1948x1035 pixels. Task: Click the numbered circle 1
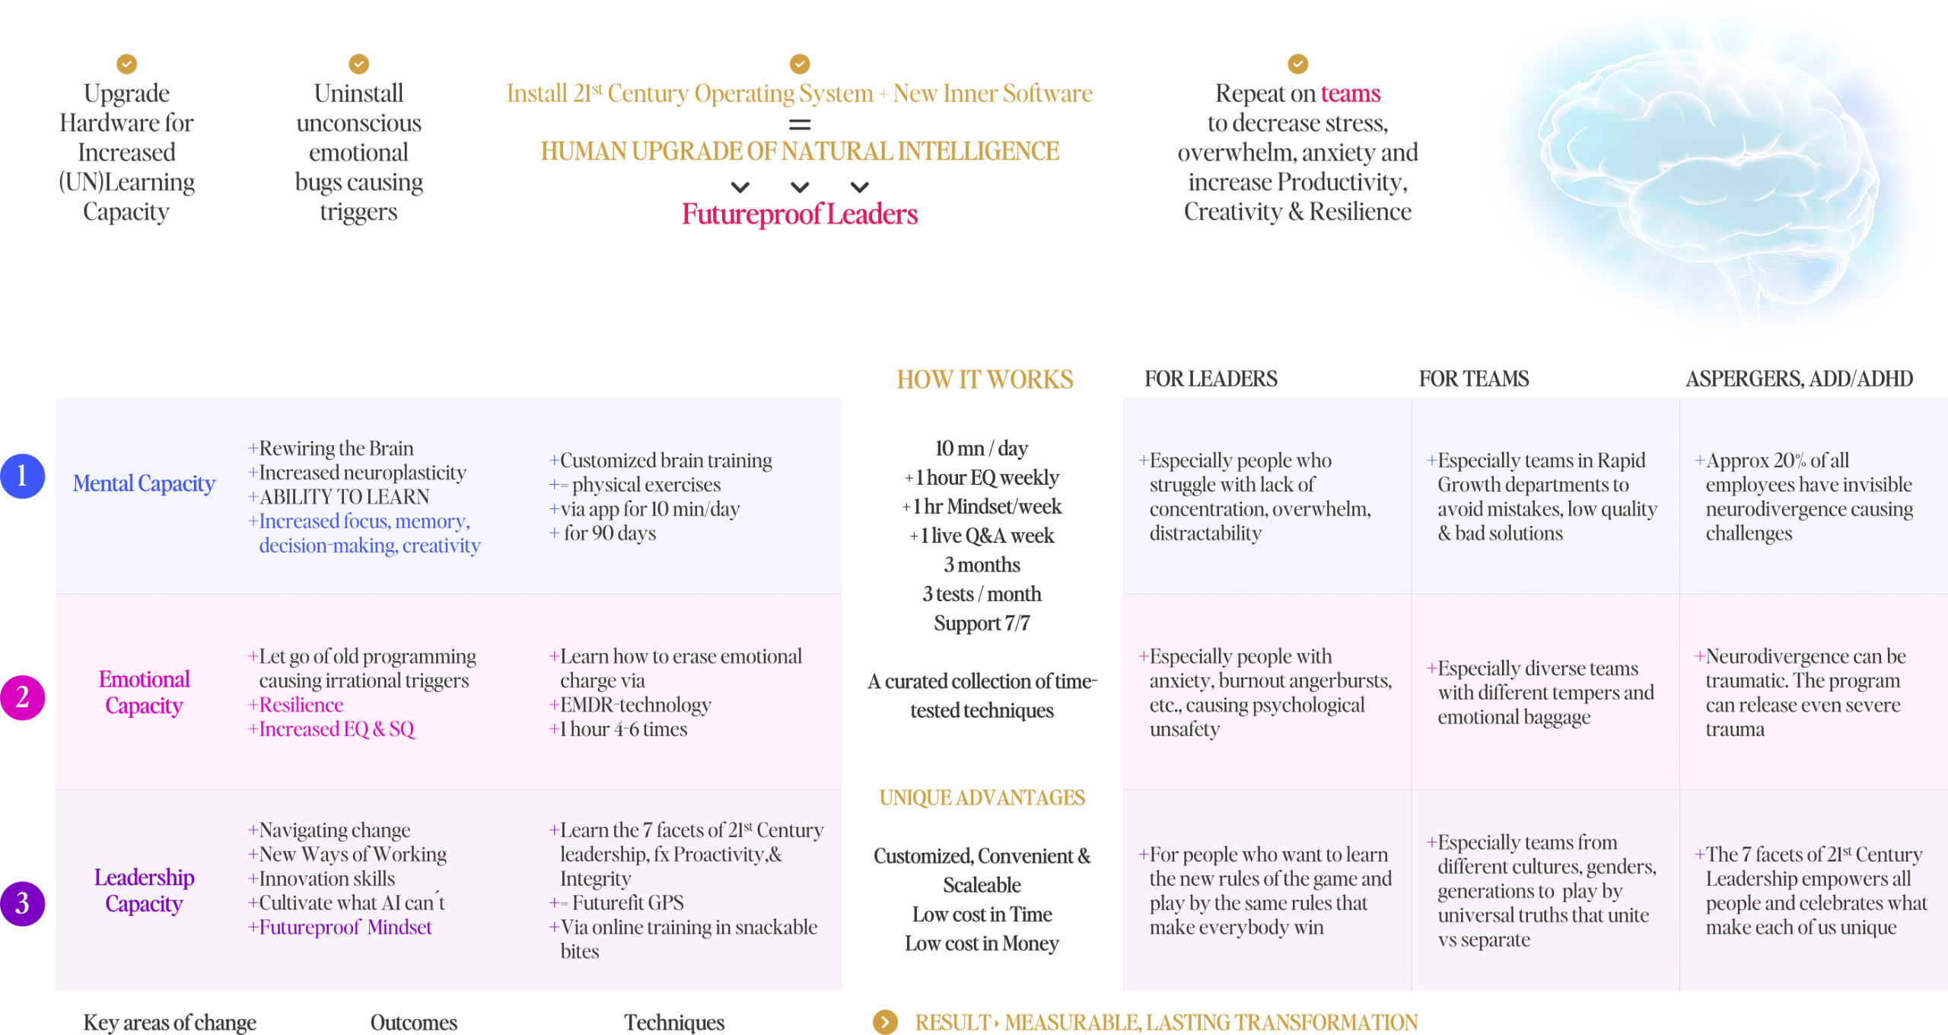tap(23, 476)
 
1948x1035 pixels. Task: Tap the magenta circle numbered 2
tap(23, 697)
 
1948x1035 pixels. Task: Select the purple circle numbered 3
tap(23, 903)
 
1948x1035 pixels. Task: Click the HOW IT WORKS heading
tap(985, 379)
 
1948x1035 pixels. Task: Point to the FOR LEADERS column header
tap(1210, 379)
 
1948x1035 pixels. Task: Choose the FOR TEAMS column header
tap(1473, 379)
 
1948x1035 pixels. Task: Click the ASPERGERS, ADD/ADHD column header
tap(1799, 379)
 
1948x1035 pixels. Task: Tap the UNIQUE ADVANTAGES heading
tap(982, 798)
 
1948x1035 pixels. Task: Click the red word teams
tap(1350, 94)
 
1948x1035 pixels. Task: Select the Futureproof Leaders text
tap(799, 215)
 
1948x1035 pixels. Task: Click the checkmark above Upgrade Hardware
tap(127, 64)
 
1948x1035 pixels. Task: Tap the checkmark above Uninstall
tap(358, 64)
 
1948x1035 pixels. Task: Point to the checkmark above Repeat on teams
tap(1297, 64)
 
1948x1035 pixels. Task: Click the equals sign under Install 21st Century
tap(799, 124)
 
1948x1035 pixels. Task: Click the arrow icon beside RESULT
tap(885, 1022)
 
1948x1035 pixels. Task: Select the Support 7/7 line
tap(982, 623)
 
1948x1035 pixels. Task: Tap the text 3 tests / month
tap(982, 594)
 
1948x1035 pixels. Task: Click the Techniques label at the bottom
tap(674, 1023)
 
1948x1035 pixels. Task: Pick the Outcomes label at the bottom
tap(413, 1023)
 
